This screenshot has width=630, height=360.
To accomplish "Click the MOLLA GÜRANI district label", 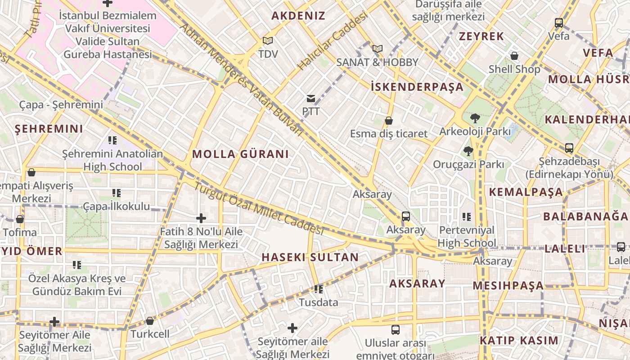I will click(240, 154).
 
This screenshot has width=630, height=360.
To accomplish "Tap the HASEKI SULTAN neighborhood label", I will click(310, 257).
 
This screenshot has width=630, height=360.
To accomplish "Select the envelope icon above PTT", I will click(311, 99).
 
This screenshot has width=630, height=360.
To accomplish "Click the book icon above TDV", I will click(268, 41).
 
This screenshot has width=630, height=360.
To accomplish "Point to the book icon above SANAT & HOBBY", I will click(377, 49).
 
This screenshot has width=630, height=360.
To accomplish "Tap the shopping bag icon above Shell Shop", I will click(514, 56).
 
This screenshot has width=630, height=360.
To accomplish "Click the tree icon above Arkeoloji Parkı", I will click(475, 118).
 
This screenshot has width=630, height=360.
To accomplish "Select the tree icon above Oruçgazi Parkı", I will click(468, 151).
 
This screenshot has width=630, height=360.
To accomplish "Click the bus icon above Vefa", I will click(559, 22).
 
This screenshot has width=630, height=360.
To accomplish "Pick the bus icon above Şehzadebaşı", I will click(569, 148).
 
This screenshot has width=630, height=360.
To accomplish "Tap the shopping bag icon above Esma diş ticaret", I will click(389, 121).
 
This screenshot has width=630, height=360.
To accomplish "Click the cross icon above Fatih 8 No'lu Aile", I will click(201, 219).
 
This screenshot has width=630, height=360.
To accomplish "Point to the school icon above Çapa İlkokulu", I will click(117, 193).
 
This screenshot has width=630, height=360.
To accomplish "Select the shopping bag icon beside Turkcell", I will click(150, 321).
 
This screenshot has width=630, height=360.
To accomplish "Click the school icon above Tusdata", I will click(319, 289).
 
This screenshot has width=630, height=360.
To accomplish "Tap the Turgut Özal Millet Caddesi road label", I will click(259, 209).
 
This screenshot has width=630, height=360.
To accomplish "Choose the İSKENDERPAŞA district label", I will click(417, 87).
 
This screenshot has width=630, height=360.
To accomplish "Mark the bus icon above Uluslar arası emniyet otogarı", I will click(396, 330).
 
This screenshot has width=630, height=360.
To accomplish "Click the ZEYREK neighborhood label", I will click(481, 36).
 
